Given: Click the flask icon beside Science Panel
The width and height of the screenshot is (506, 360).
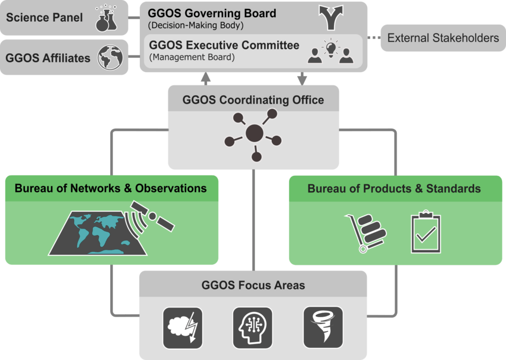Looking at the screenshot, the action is (107, 18).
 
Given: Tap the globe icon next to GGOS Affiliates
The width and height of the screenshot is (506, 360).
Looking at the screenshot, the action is (110, 57).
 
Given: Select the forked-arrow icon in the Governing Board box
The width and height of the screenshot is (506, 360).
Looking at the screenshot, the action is (331, 17).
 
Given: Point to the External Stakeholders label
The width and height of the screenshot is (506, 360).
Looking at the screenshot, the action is (443, 38).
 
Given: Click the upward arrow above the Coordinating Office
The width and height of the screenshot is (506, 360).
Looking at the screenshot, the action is (206, 79).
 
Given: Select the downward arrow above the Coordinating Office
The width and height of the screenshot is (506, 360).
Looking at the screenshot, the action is (302, 79).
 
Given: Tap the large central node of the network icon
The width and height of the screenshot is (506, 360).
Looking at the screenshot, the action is (254, 133).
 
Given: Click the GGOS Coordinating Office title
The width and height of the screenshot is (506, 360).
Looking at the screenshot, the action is (253, 100).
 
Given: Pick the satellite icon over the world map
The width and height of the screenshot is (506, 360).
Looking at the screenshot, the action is (153, 216).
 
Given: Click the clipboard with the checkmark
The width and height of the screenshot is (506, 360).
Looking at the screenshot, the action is (426, 232).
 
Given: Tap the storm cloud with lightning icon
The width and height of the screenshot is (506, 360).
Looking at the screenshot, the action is (183, 328).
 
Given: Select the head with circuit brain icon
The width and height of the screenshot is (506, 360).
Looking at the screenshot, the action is (253, 328).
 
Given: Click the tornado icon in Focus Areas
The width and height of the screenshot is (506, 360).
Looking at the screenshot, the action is (323, 327).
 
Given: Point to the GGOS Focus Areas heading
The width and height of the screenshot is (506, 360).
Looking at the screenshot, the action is (253, 285).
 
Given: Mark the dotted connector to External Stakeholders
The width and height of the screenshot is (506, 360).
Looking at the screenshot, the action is (374, 38).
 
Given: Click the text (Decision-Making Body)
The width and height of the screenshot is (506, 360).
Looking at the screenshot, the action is (196, 26).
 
